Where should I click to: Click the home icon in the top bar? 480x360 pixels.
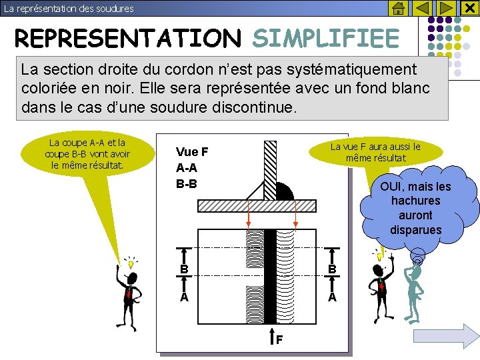(397, 9)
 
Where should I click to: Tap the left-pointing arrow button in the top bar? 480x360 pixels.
(422, 9)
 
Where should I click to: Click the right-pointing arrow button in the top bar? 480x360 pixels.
(446, 9)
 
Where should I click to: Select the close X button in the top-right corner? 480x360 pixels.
(469, 9)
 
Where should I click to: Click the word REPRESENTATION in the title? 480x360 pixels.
(127, 39)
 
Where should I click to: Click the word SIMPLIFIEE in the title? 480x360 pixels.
(325, 39)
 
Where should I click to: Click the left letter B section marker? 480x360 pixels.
(183, 269)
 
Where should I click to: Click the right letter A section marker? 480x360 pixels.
(332, 297)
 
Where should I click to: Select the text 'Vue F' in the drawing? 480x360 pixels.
(192, 152)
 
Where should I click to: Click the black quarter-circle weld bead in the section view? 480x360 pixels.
(283, 191)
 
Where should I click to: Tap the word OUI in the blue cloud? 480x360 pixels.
(393, 186)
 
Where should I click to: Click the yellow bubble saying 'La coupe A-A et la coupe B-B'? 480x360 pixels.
(87, 154)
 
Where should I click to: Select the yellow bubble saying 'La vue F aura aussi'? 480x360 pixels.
(375, 153)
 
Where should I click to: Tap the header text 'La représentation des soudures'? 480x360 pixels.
(69, 9)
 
